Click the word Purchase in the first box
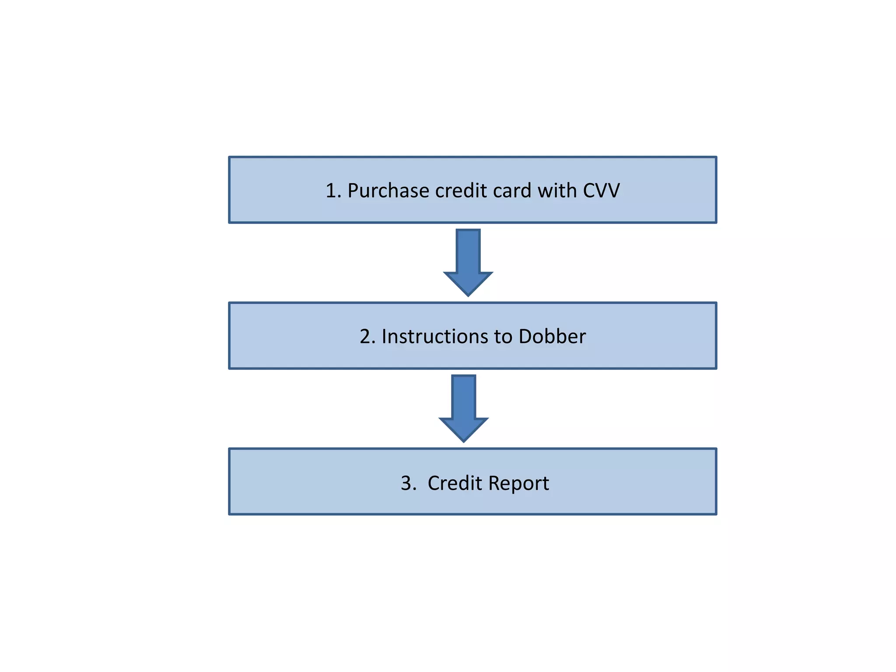click(x=388, y=191)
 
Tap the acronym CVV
click(x=601, y=191)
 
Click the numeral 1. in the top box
click(x=333, y=191)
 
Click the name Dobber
click(x=552, y=336)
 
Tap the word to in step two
click(x=503, y=337)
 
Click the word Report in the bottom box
click(x=518, y=483)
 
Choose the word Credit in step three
click(x=455, y=483)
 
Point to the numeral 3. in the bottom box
click(x=409, y=483)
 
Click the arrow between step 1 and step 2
click(x=468, y=262)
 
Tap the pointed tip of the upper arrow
click(x=468, y=294)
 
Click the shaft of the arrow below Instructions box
click(x=464, y=396)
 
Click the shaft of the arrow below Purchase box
click(x=468, y=250)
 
